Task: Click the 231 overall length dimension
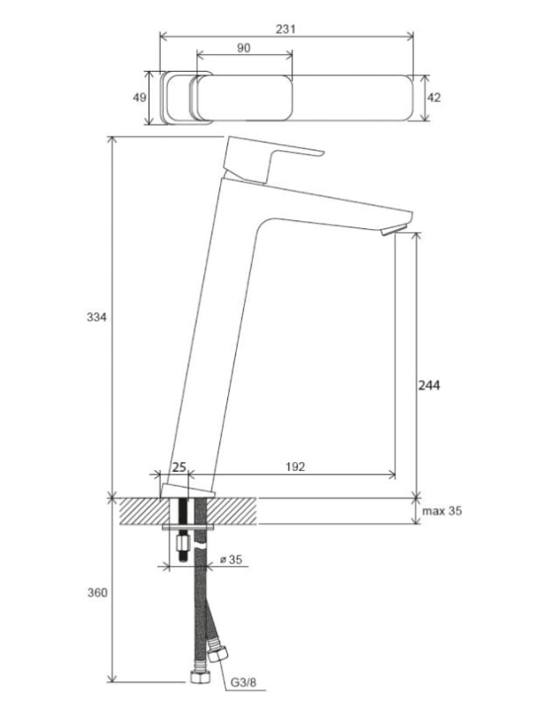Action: (286, 29)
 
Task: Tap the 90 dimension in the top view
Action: (243, 48)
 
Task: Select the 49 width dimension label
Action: (140, 97)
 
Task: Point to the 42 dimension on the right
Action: (433, 97)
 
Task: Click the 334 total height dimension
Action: (96, 317)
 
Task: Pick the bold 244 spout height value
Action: (429, 385)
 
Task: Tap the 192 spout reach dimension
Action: (295, 466)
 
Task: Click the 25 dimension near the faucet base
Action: (180, 466)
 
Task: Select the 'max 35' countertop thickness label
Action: (442, 511)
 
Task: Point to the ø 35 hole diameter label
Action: (231, 559)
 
